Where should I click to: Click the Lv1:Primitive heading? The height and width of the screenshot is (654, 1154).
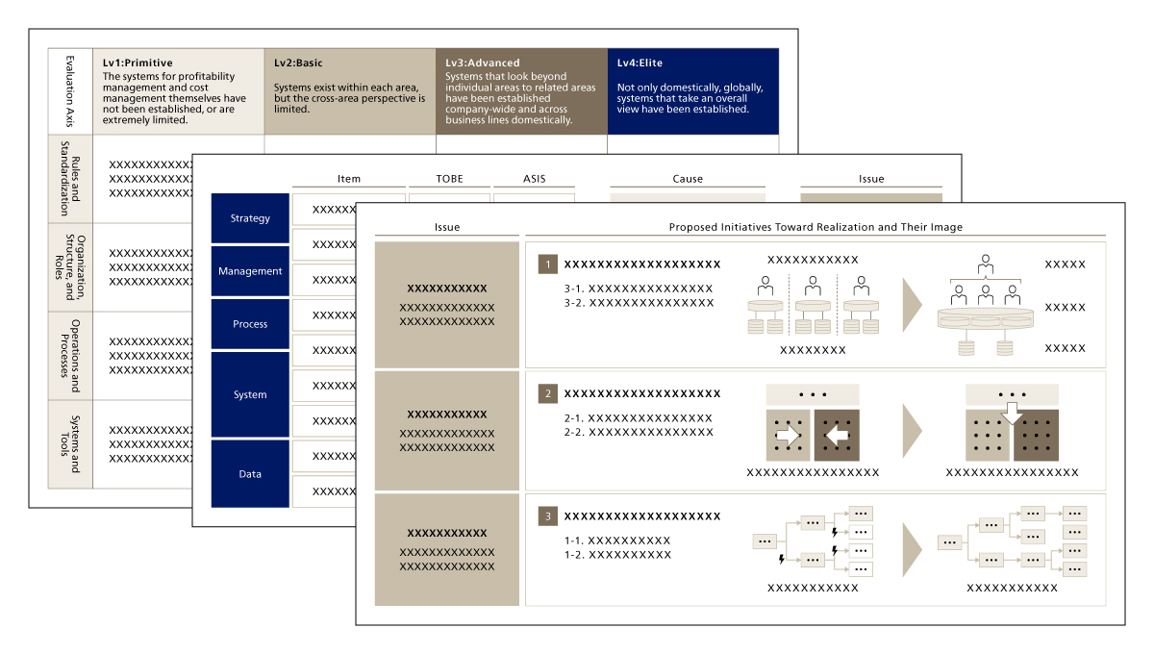[x=138, y=63]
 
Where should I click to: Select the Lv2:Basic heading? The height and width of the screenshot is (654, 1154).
[x=298, y=63]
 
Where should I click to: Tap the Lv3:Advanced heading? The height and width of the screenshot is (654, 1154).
[x=483, y=63]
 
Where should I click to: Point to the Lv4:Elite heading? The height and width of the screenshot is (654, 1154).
[x=640, y=63]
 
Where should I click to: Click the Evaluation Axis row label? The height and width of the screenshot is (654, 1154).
[x=70, y=91]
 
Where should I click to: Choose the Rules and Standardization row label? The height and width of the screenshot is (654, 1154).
[x=70, y=178]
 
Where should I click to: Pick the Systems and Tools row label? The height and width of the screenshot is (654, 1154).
[x=70, y=444]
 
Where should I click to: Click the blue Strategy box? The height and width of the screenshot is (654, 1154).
[x=250, y=218]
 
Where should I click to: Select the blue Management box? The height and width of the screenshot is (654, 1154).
[x=250, y=271]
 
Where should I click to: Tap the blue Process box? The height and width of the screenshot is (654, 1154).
[x=250, y=324]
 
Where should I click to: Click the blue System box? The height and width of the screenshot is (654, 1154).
[x=250, y=394]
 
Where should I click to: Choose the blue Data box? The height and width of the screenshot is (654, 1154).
[x=250, y=474]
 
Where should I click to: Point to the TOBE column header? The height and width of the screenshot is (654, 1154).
[x=450, y=179]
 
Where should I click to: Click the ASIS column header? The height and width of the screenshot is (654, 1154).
[x=535, y=179]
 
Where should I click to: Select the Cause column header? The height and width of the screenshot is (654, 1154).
[x=688, y=179]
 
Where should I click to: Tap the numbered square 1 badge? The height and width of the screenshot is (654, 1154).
[x=547, y=264]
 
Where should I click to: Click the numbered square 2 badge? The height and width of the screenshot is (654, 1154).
[x=547, y=393]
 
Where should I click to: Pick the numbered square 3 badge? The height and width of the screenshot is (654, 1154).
[x=547, y=516]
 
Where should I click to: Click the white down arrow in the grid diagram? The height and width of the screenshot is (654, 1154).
[x=1012, y=414]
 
